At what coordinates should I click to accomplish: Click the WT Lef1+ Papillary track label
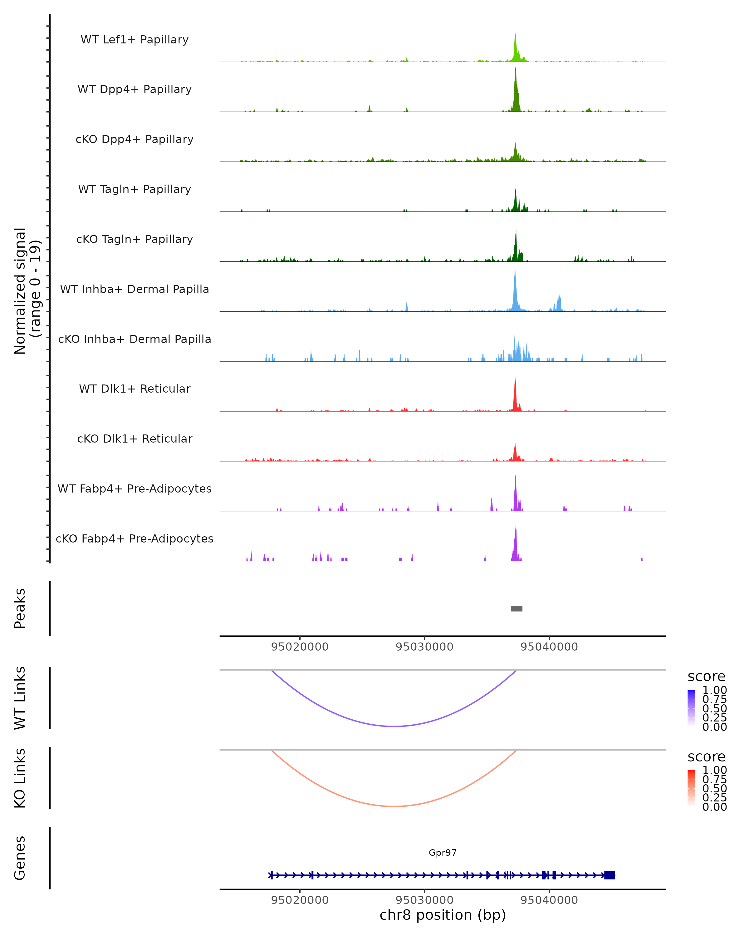click(135, 40)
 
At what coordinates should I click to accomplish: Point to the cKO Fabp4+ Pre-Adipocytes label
click(135, 538)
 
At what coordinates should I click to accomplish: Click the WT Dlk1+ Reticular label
click(135, 389)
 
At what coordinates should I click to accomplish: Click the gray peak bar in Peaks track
click(516, 608)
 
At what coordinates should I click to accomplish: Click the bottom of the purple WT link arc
click(394, 726)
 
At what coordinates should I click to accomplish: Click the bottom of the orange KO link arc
click(394, 806)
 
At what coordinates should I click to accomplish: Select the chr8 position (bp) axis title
click(443, 915)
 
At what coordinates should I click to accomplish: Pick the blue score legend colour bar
click(691, 707)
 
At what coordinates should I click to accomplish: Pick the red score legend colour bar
click(691, 787)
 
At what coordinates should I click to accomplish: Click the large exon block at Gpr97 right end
click(609, 875)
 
